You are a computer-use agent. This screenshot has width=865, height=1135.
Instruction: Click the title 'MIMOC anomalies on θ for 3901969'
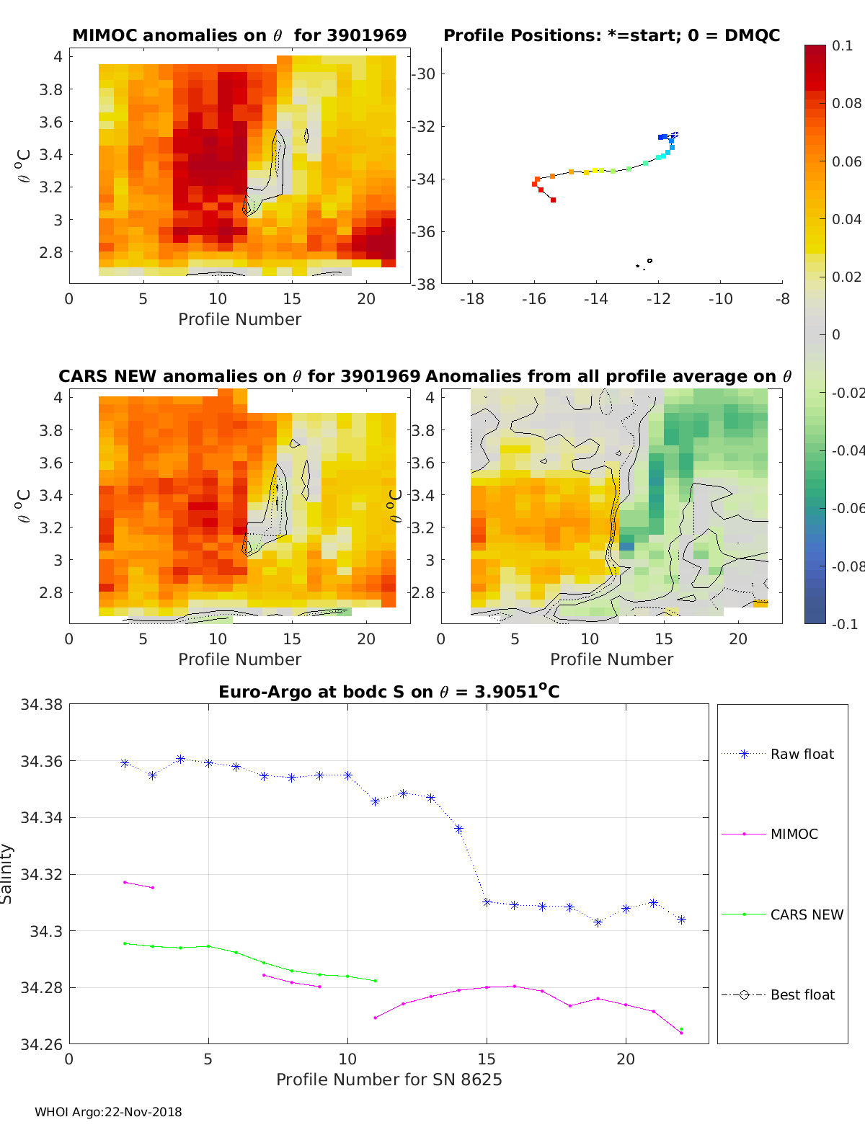[x=239, y=35]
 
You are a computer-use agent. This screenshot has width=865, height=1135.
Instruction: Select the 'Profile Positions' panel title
[x=611, y=35]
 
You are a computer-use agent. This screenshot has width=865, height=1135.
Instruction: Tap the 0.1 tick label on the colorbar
[x=842, y=45]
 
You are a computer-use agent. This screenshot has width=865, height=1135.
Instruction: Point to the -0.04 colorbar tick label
[x=847, y=450]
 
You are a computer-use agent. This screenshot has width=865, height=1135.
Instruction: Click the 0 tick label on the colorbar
[x=836, y=334]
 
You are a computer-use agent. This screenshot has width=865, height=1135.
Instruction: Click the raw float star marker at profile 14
[x=458, y=829]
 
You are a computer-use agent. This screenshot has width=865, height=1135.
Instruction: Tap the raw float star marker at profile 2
[x=125, y=763]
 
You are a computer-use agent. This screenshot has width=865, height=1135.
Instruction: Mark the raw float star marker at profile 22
[x=681, y=920]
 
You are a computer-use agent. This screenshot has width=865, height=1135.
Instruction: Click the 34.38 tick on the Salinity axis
[x=42, y=705]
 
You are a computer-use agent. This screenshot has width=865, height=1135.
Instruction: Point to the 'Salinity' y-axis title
[x=7, y=873]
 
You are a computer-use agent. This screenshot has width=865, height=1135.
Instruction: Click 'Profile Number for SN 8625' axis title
[x=389, y=1080]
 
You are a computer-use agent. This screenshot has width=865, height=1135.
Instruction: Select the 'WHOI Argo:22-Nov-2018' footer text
[x=108, y=1112]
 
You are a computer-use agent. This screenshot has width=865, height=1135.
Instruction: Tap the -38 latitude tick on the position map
[x=423, y=284]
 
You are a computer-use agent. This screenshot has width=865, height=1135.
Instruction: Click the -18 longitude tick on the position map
[x=472, y=299]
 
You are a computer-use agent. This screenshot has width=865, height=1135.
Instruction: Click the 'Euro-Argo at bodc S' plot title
[x=389, y=692]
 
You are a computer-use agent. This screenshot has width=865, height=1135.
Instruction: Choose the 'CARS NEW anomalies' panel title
[x=239, y=376]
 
